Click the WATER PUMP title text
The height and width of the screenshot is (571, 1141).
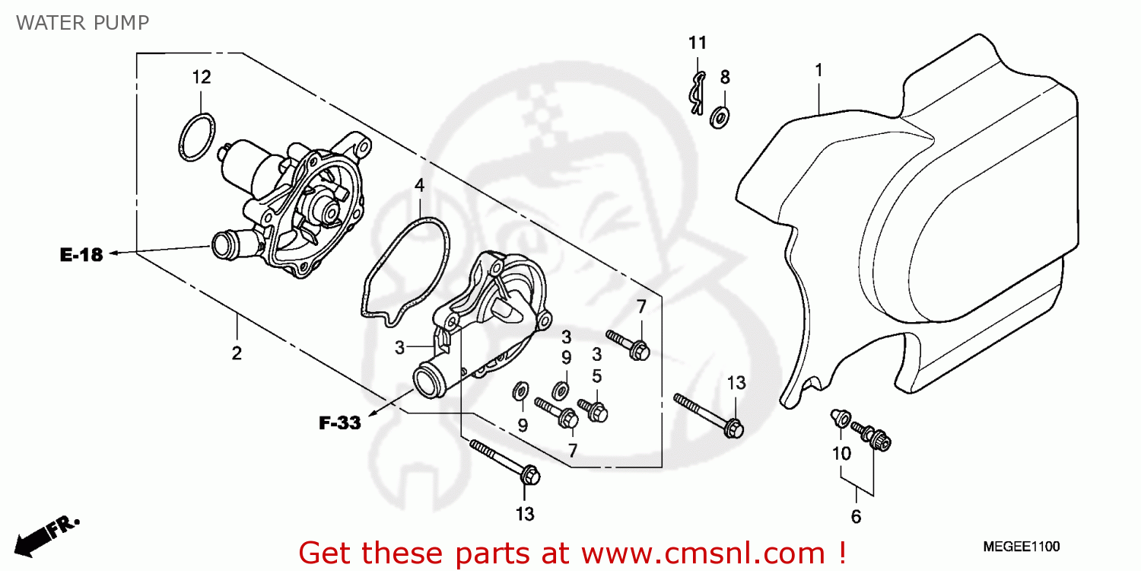(x=82, y=23)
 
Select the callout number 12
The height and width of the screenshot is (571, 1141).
(x=201, y=77)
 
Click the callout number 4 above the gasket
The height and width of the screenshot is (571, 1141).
(x=419, y=186)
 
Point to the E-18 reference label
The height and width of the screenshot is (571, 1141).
(x=81, y=255)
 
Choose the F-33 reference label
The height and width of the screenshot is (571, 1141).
(x=339, y=423)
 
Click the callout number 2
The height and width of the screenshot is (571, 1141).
(x=237, y=353)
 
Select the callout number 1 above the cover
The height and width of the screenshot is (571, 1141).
(x=818, y=71)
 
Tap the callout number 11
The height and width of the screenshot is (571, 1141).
(x=698, y=43)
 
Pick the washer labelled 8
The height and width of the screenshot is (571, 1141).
(x=718, y=116)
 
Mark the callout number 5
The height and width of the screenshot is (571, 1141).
(x=597, y=375)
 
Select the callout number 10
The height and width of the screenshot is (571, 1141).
(x=841, y=455)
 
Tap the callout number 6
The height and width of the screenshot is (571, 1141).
(x=856, y=518)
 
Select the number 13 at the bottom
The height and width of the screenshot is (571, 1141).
(x=525, y=515)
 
